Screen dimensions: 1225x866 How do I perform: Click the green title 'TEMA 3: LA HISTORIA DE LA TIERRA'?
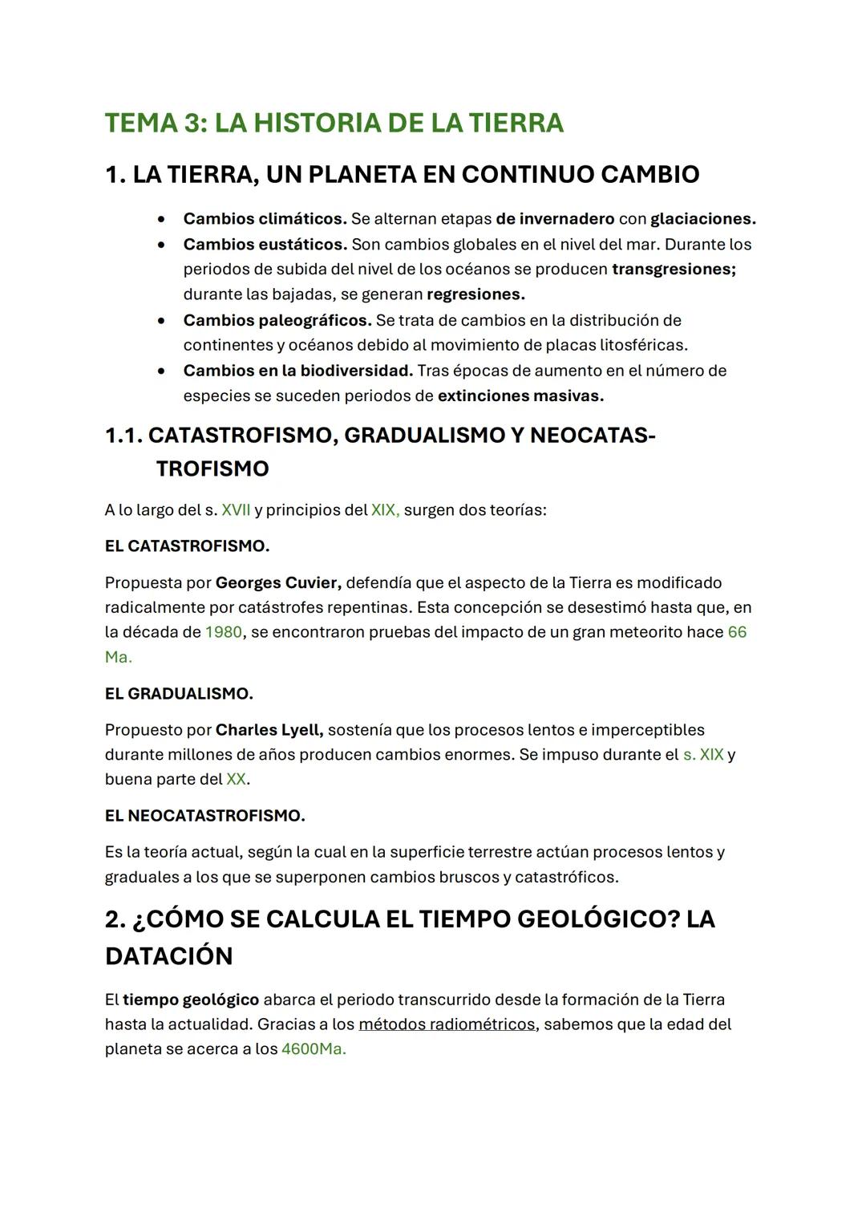(x=334, y=123)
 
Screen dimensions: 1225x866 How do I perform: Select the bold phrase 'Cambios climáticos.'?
(x=265, y=219)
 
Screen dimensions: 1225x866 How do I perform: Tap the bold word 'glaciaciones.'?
(x=702, y=219)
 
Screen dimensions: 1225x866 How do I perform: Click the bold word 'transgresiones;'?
(x=674, y=269)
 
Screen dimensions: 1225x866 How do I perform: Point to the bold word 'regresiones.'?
(x=475, y=294)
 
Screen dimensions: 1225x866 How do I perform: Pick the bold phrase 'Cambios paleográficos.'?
(x=277, y=320)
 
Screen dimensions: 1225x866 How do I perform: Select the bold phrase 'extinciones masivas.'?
(x=520, y=395)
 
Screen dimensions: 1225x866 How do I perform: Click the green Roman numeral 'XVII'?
(x=236, y=510)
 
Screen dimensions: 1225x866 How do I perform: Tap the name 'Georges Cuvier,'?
(x=278, y=582)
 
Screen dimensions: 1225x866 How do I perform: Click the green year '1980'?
(x=223, y=632)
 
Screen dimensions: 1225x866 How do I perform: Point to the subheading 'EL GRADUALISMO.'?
(x=179, y=693)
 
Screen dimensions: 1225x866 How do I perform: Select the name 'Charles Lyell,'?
(x=269, y=730)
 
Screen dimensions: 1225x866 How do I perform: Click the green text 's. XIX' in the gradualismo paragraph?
(x=702, y=755)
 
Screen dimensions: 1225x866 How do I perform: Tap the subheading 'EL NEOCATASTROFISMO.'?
(x=204, y=816)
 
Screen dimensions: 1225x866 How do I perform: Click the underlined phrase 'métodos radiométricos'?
(x=446, y=1024)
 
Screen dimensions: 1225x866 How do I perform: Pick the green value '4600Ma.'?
(x=314, y=1049)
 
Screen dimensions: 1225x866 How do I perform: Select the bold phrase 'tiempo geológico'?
(x=191, y=1000)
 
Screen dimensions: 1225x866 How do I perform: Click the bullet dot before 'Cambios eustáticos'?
(x=163, y=244)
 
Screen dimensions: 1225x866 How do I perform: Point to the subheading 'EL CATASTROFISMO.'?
(x=187, y=546)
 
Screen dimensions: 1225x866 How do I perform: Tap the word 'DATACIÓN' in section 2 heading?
(x=168, y=956)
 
